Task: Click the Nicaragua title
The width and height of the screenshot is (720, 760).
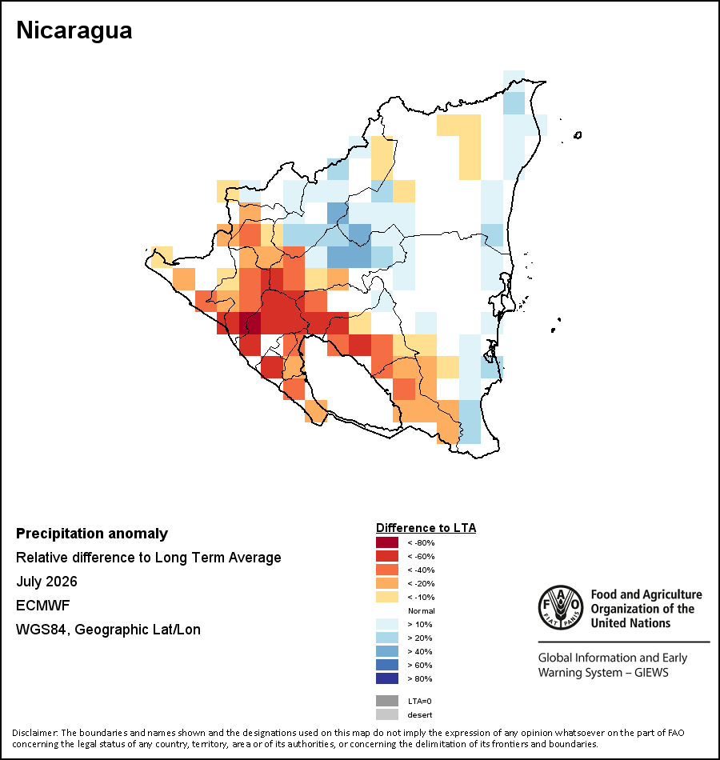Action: pyautogui.click(x=74, y=30)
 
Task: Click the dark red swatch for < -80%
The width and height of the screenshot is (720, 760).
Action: pyautogui.click(x=387, y=542)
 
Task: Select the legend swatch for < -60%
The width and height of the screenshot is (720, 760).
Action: pyautogui.click(x=387, y=556)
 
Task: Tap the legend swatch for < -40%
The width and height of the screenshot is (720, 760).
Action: pyautogui.click(x=387, y=570)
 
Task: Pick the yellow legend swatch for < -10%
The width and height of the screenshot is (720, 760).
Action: pyautogui.click(x=387, y=597)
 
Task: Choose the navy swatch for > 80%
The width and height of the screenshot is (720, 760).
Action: pyautogui.click(x=387, y=678)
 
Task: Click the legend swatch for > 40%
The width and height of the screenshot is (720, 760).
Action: pyautogui.click(x=387, y=651)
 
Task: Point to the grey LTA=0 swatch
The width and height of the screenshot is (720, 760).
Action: pyautogui.click(x=387, y=701)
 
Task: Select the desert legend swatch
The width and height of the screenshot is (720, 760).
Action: pyautogui.click(x=387, y=714)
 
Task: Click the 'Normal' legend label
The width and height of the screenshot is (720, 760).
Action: pyautogui.click(x=422, y=610)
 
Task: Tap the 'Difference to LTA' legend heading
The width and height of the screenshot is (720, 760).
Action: pyautogui.click(x=426, y=528)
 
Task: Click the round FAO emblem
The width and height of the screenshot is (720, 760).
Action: pyautogui.click(x=561, y=607)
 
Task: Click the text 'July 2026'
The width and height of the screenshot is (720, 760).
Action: pyautogui.click(x=46, y=581)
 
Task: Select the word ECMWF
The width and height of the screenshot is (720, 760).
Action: pyautogui.click(x=42, y=606)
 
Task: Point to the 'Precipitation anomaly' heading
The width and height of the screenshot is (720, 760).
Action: pyautogui.click(x=92, y=534)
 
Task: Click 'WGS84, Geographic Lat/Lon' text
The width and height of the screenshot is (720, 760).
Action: pyautogui.click(x=108, y=630)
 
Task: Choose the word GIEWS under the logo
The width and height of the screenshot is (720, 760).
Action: pyautogui.click(x=651, y=673)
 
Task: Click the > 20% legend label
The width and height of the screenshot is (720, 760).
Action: pyautogui.click(x=420, y=638)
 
